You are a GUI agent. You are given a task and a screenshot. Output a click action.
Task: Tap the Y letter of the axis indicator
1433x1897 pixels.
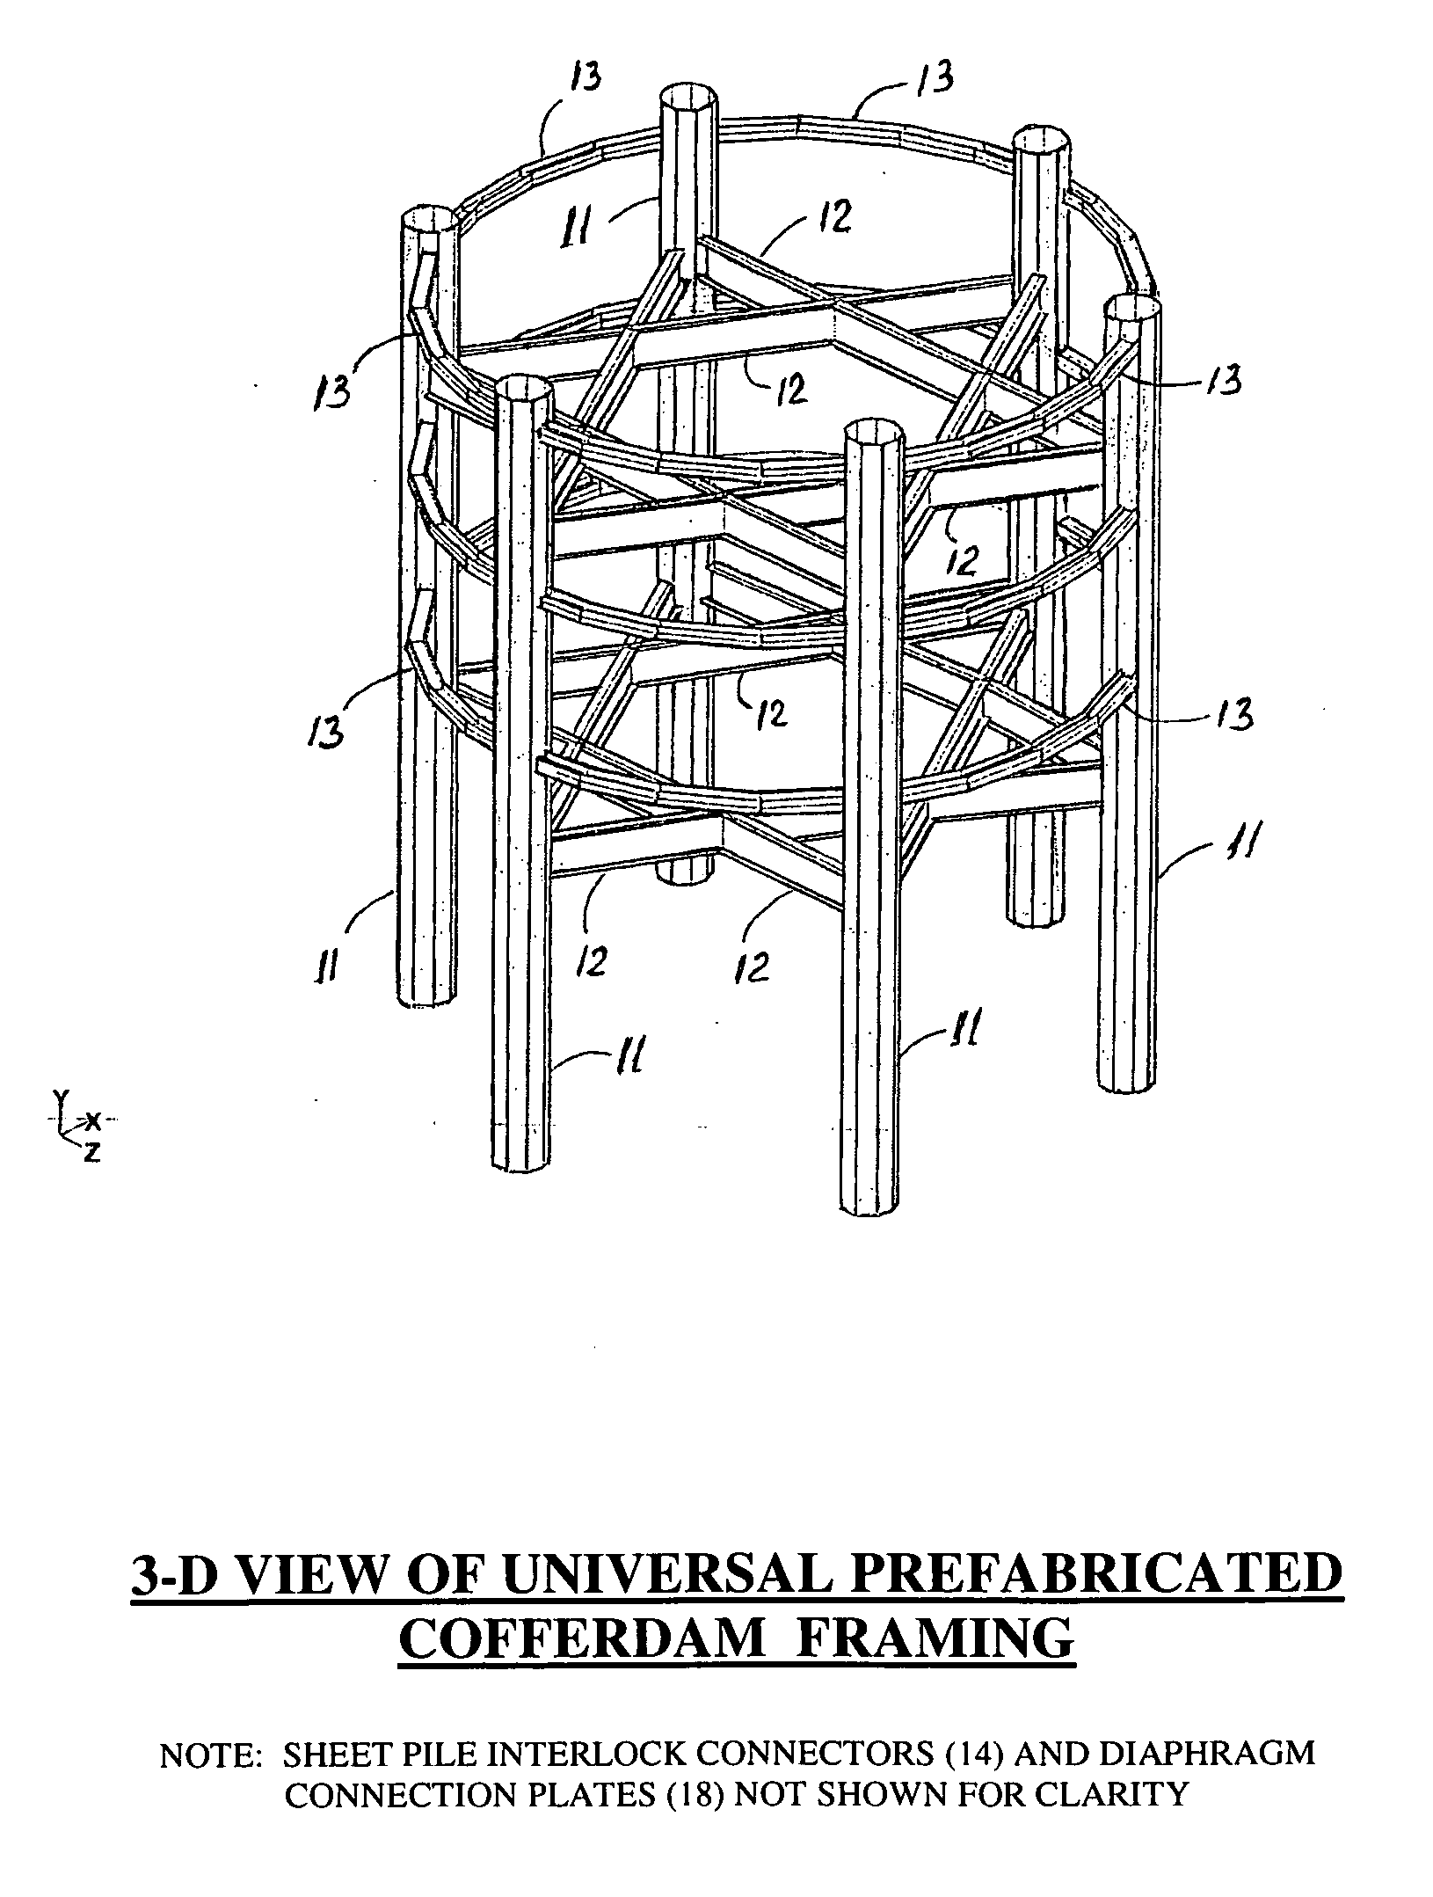pyautogui.click(x=59, y=1096)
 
